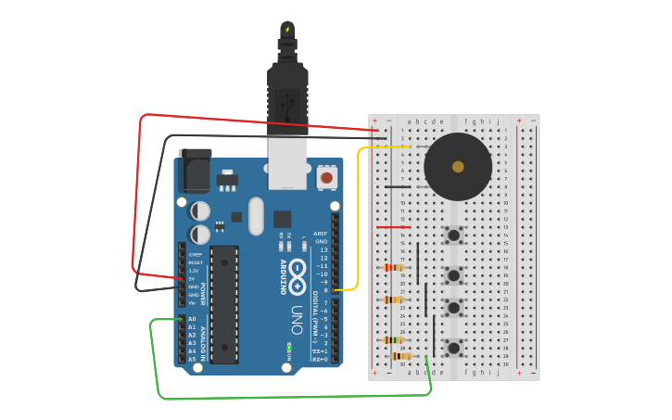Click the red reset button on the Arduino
(x=326, y=176)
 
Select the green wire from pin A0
(x=278, y=397)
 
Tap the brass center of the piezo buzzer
(x=458, y=167)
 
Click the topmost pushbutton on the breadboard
(x=454, y=235)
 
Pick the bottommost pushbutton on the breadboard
(x=454, y=348)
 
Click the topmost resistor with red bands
(x=393, y=268)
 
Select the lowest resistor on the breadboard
(x=401, y=356)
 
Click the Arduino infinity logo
(x=298, y=275)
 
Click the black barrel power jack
(x=195, y=172)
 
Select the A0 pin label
(x=192, y=319)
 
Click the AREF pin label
(x=320, y=234)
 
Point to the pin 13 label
(x=323, y=250)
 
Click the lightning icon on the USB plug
(x=287, y=30)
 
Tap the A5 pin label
(x=192, y=360)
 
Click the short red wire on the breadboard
(x=393, y=227)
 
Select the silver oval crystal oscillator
(x=256, y=216)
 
